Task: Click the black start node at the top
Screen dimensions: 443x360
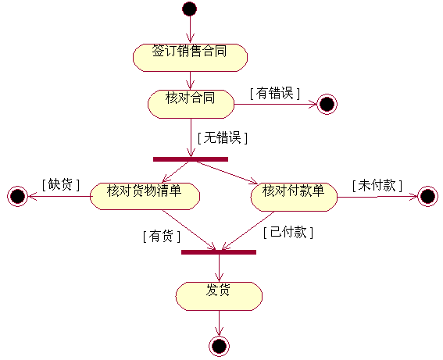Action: (190, 9)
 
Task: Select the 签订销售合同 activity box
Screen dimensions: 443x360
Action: (190, 58)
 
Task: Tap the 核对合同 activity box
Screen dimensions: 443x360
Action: (191, 104)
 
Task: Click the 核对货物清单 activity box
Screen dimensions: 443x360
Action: (145, 196)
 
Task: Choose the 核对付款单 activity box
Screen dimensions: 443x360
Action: (294, 197)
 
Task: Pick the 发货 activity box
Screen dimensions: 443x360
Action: (219, 296)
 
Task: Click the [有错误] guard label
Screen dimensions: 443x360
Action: (275, 93)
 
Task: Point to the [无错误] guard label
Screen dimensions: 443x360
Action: (223, 137)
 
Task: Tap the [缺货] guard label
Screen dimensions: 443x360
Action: (61, 184)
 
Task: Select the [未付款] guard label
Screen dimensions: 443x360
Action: (377, 185)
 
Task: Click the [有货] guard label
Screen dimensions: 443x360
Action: (162, 236)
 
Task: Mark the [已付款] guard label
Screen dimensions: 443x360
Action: (288, 232)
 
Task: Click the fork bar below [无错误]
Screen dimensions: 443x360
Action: (191, 159)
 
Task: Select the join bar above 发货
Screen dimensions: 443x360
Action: (219, 252)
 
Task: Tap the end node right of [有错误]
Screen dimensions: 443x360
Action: (327, 104)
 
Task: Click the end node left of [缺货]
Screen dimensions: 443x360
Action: (17, 196)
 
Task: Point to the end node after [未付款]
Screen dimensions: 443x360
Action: (427, 196)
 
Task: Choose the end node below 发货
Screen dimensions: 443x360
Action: (219, 346)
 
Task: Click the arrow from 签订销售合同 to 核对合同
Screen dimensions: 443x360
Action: (190, 80)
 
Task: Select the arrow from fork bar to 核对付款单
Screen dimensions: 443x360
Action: (227, 173)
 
